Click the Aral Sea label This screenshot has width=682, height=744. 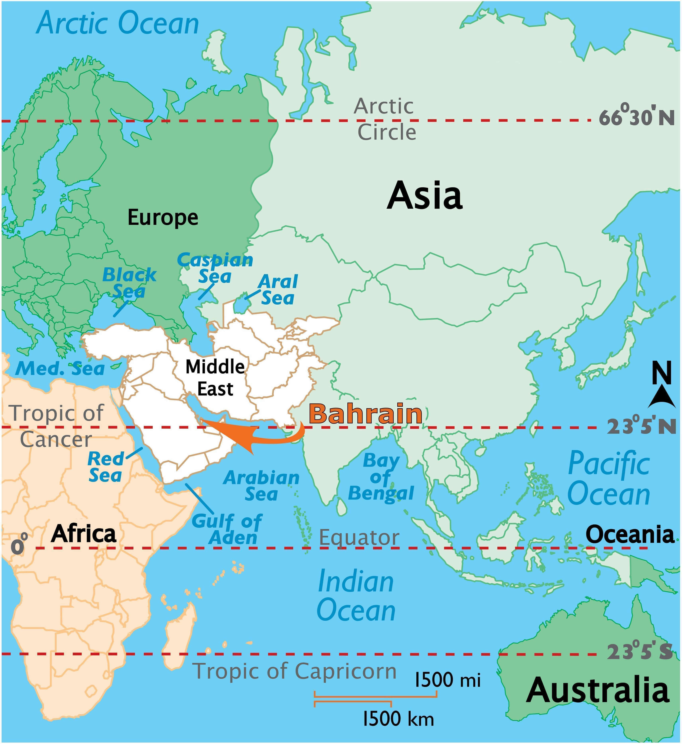coord(278,290)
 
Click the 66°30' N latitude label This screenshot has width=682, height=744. coord(637,118)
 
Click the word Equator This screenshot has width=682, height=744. coord(359,538)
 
